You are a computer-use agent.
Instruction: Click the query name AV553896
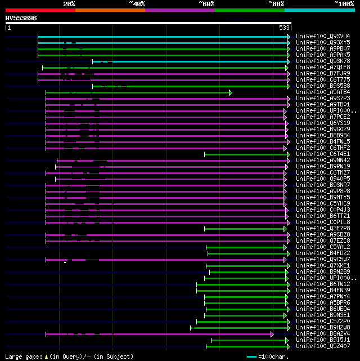(21, 18)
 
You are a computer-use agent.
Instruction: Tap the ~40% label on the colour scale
(137, 4)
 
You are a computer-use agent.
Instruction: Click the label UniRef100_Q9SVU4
(322, 37)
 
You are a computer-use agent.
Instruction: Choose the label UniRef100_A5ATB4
(322, 92)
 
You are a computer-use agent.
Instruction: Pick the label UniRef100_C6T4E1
(322, 154)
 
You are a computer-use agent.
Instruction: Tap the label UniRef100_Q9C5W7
(322, 260)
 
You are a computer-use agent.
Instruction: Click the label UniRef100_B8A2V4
(322, 334)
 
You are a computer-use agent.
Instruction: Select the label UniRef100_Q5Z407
(322, 346)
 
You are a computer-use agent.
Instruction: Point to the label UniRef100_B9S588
(322, 86)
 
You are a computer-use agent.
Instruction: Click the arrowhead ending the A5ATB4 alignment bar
(230, 92)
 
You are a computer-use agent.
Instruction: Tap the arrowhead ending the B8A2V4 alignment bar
(272, 334)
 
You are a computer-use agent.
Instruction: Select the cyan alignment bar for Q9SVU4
(163, 37)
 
